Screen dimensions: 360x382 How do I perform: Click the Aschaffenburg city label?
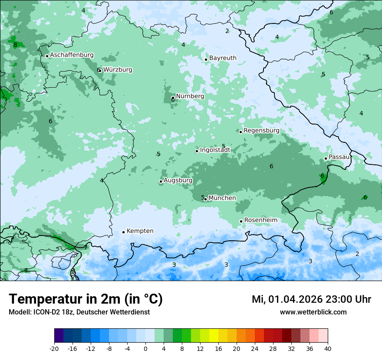point(72,55)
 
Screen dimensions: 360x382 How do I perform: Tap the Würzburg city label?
point(118,70)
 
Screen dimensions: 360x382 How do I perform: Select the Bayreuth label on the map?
point(223,58)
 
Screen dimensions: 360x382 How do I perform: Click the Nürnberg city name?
point(190,96)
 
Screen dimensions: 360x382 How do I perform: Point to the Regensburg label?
point(261,131)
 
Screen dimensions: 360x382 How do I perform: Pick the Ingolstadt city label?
point(215,150)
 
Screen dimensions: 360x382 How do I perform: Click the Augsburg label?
point(178,180)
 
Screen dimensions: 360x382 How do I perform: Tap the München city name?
point(222,198)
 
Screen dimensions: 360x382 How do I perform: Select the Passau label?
point(339,157)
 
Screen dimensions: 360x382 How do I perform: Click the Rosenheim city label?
point(260,220)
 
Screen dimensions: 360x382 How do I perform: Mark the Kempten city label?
point(140,231)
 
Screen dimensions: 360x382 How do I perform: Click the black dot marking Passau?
point(326,158)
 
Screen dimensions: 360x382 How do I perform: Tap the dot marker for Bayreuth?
point(206,59)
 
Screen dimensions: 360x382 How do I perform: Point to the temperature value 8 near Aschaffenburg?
point(15,45)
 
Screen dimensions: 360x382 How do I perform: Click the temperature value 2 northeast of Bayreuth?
point(227,31)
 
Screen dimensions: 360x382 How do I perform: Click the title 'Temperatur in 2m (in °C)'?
point(86,299)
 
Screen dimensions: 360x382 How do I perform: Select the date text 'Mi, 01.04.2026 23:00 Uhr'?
point(311,299)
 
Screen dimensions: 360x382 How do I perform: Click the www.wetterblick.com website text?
point(313,312)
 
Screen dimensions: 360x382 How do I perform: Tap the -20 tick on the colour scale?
point(54,349)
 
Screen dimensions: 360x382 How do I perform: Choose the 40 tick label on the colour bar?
point(328,349)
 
